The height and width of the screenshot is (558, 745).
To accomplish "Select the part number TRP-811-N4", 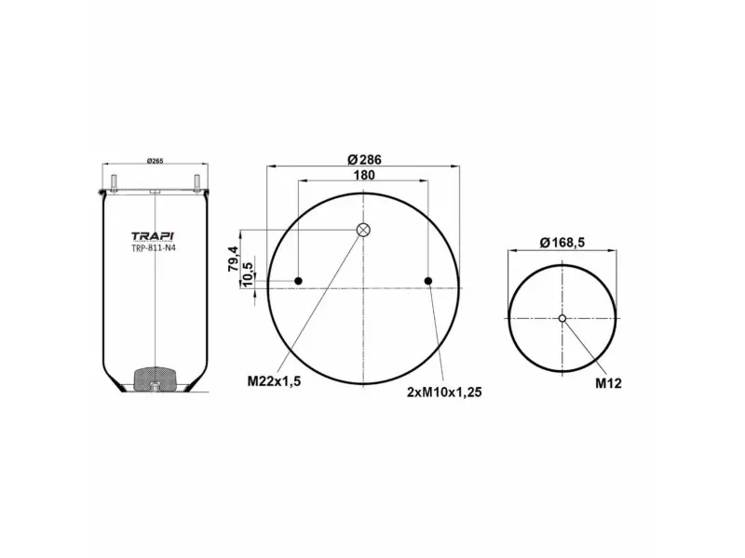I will click(155, 247).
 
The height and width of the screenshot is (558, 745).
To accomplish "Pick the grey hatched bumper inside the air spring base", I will click(155, 379).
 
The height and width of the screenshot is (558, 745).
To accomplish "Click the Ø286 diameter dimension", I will click(363, 159).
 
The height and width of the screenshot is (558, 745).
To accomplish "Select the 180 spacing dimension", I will click(363, 176).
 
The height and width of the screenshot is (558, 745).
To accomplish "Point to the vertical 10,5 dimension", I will click(247, 274).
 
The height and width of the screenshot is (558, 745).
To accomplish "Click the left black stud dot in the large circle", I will click(299, 281).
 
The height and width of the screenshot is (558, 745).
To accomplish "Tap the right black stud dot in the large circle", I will click(428, 281).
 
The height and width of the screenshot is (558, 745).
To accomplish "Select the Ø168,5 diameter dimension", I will click(562, 244).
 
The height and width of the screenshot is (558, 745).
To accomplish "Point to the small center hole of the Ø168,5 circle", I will click(562, 319).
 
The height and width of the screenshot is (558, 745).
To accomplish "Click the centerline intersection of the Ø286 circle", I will click(364, 288).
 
